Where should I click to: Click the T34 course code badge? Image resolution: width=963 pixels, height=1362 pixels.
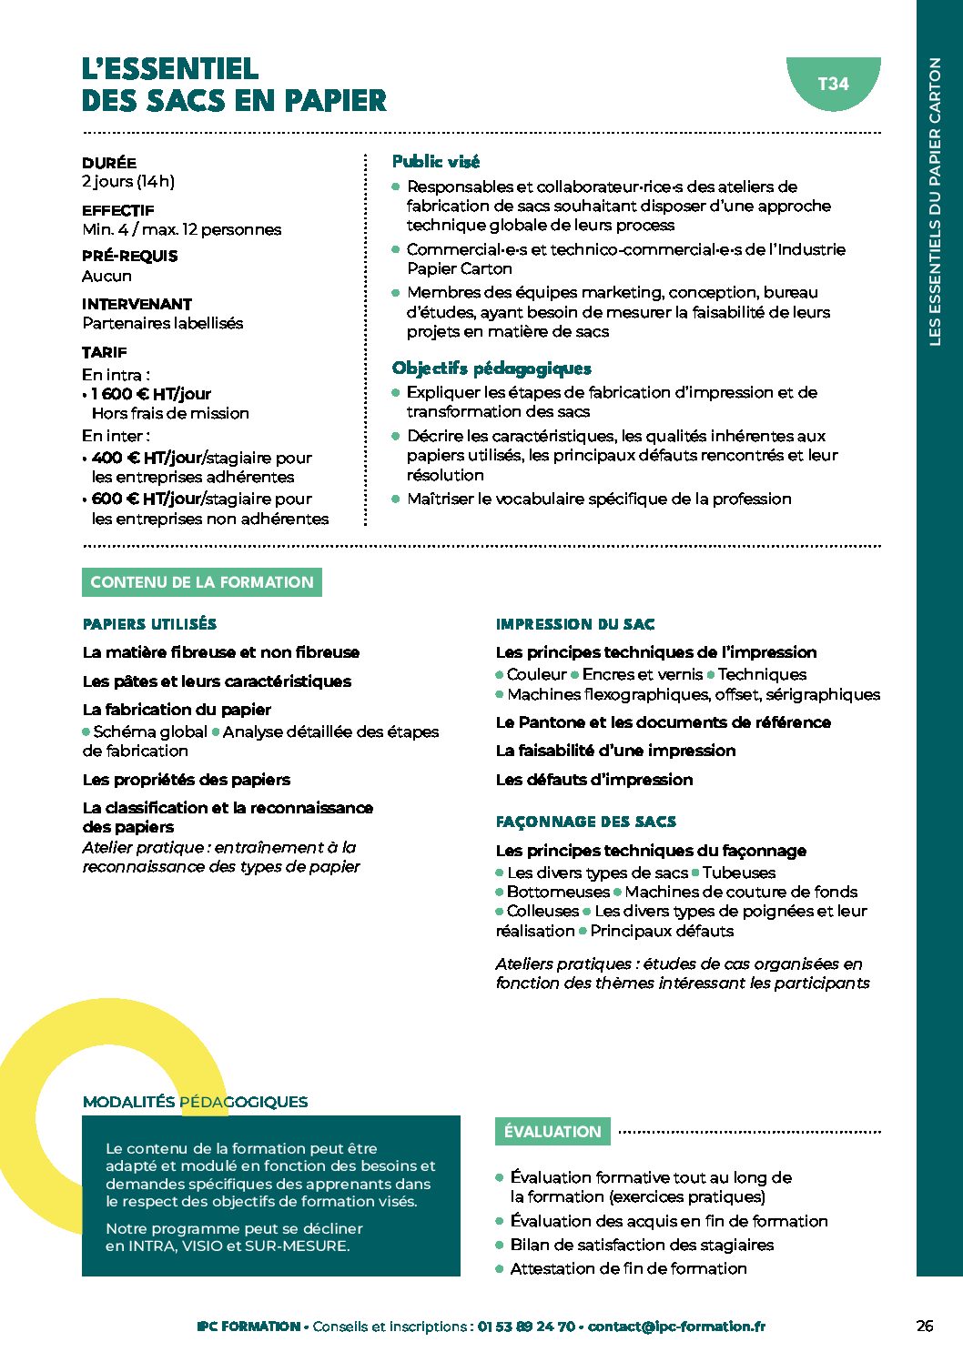point(833,84)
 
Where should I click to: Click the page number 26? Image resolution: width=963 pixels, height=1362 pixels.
point(925,1326)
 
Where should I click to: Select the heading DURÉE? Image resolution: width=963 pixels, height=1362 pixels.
point(109,163)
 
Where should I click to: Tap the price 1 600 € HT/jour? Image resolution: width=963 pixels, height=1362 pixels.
point(151,394)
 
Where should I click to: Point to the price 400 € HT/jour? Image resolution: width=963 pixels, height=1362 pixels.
point(146,458)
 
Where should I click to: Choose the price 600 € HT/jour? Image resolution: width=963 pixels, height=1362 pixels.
point(146,499)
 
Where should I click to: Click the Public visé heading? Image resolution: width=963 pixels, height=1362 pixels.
point(436,162)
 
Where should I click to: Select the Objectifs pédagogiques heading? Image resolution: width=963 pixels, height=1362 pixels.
point(492,368)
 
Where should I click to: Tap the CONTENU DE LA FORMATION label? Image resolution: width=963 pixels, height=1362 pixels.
point(202,582)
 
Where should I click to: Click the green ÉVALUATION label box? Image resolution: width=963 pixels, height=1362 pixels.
point(552,1132)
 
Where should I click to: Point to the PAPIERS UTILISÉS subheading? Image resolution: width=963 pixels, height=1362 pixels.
point(149,624)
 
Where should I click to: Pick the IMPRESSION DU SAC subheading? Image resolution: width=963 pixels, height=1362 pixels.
point(575,624)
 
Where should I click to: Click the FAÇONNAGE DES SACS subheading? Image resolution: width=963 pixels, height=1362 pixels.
point(586,822)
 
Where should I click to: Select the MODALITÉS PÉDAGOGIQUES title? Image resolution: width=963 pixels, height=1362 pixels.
point(195,1102)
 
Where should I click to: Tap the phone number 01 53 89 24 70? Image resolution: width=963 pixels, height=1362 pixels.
point(526,1327)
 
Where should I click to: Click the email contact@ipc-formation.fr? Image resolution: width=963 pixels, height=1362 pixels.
point(676,1327)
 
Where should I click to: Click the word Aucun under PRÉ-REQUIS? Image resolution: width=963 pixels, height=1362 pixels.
point(106,276)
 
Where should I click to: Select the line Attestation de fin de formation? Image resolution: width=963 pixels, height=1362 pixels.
point(628,1268)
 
